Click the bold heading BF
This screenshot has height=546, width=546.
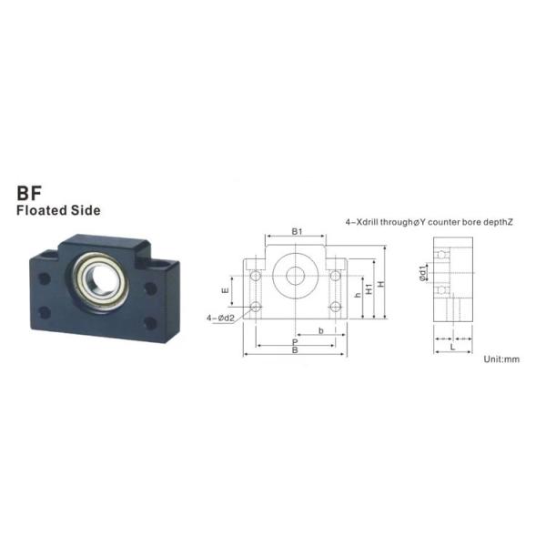click(x=31, y=193)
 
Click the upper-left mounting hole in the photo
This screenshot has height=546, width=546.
click(x=43, y=279)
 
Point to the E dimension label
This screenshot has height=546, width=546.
click(x=225, y=290)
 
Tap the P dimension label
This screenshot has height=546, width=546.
click(x=295, y=343)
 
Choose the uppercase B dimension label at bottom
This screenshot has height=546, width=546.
click(x=294, y=350)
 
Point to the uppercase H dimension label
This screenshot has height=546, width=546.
click(x=381, y=284)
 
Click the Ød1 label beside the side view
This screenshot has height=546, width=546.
click(x=423, y=273)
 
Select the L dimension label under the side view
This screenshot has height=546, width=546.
click(x=451, y=347)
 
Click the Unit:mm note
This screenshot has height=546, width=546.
click(x=500, y=359)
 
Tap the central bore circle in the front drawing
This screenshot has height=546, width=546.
click(x=296, y=275)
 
